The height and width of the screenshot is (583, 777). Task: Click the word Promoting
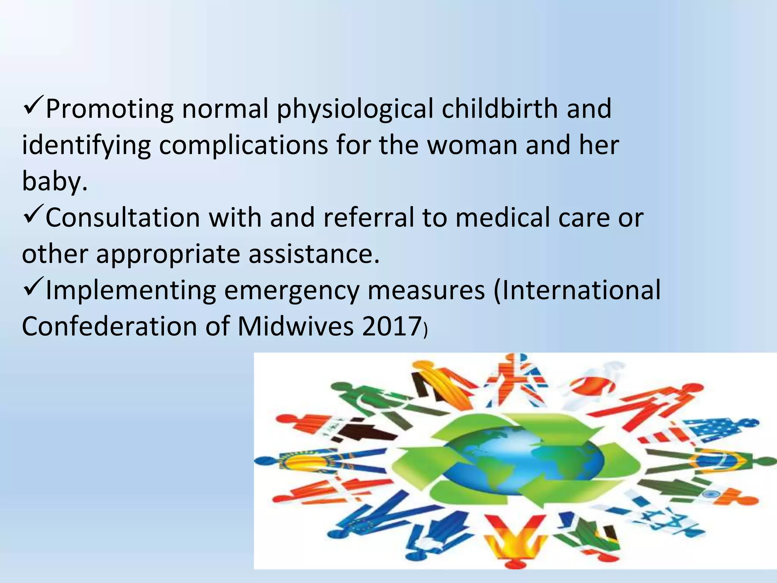tap(109, 109)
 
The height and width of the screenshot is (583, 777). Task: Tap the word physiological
tap(355, 109)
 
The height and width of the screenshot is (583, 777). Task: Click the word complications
tap(243, 145)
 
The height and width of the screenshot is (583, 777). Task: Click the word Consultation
tap(122, 218)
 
